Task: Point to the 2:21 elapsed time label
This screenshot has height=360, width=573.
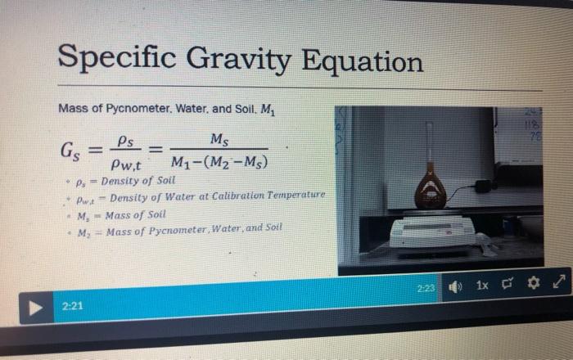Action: point(72,307)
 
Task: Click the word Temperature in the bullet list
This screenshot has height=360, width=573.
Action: point(297,196)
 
